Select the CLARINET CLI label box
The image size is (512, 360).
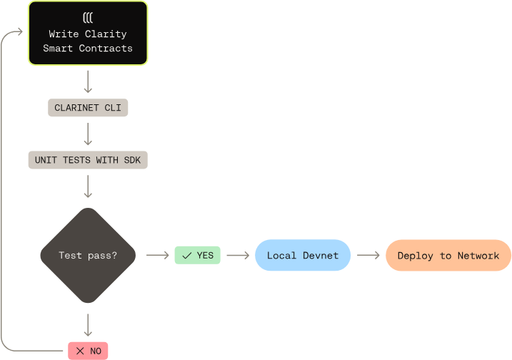88,109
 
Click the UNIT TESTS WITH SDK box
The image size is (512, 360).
88,160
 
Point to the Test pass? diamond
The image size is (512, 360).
88,255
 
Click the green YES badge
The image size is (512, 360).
198,255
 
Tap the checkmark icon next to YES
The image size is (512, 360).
186,255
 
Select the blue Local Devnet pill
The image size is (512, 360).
303,255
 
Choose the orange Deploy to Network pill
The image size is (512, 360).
448,255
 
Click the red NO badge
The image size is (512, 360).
88,351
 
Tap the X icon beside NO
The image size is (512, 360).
79,351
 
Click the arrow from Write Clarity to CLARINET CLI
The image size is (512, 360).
88,81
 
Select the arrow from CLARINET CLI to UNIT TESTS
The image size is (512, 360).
88,134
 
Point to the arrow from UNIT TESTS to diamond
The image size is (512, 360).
88,186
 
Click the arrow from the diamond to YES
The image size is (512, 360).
157,255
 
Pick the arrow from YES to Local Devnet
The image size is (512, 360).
237,255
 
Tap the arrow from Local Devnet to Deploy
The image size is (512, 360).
368,255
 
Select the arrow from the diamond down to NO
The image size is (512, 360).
88,324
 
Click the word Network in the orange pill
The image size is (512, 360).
478,255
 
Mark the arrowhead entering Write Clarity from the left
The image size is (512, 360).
21,34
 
